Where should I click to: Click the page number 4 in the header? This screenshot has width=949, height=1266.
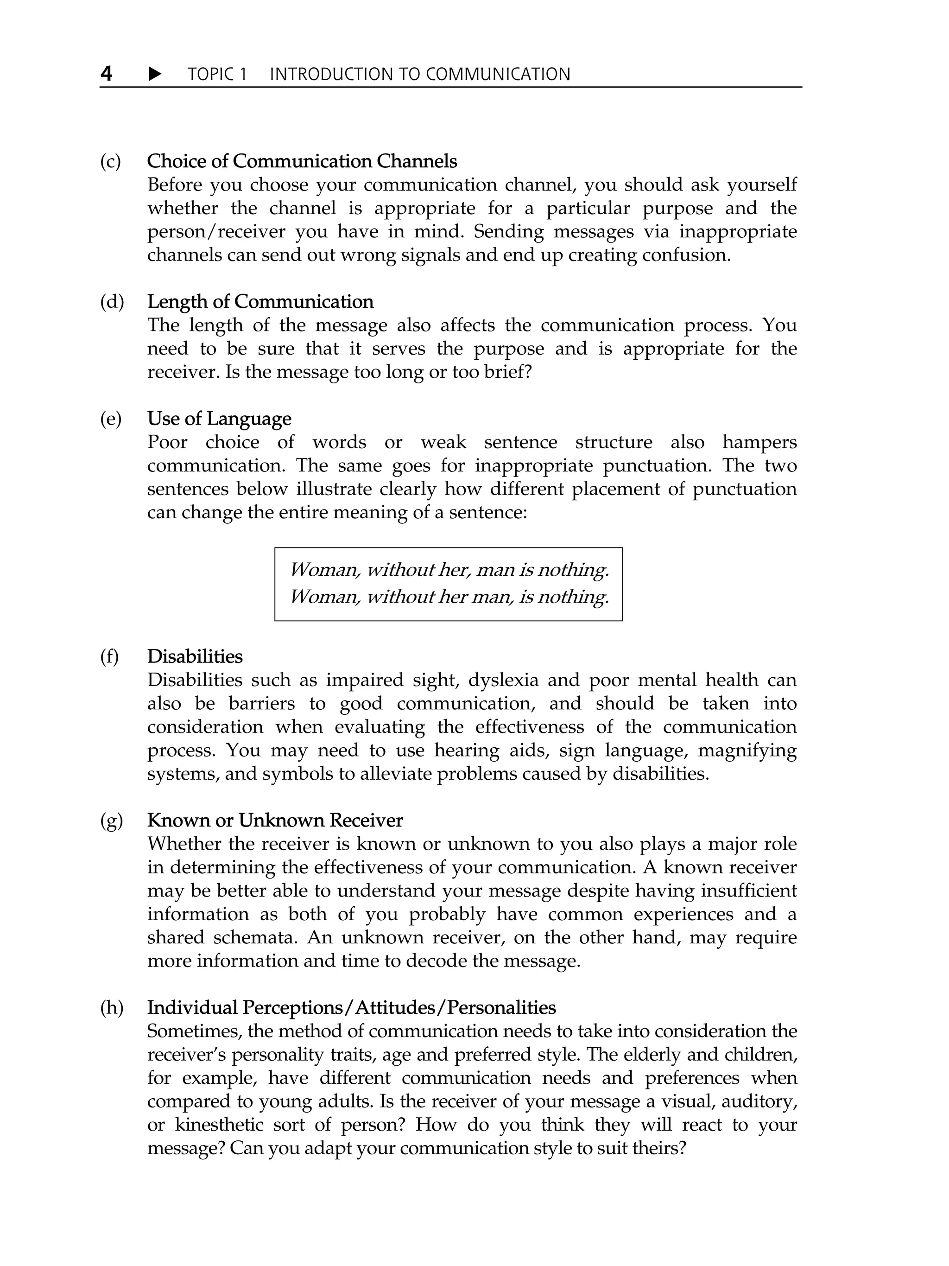click(x=107, y=73)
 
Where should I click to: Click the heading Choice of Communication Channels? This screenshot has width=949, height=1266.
click(x=302, y=161)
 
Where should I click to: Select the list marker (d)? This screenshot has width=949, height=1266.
click(x=112, y=302)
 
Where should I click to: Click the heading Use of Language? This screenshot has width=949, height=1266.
click(x=219, y=419)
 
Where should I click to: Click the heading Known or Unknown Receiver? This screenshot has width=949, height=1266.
click(x=275, y=820)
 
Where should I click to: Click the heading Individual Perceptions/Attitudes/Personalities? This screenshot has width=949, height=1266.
click(x=351, y=1007)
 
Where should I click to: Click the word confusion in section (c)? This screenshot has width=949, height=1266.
click(x=686, y=254)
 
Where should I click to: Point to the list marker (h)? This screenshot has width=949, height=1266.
click(x=112, y=1007)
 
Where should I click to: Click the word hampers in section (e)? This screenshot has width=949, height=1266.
click(x=759, y=442)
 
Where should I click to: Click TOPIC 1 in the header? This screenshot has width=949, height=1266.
click(x=217, y=75)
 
